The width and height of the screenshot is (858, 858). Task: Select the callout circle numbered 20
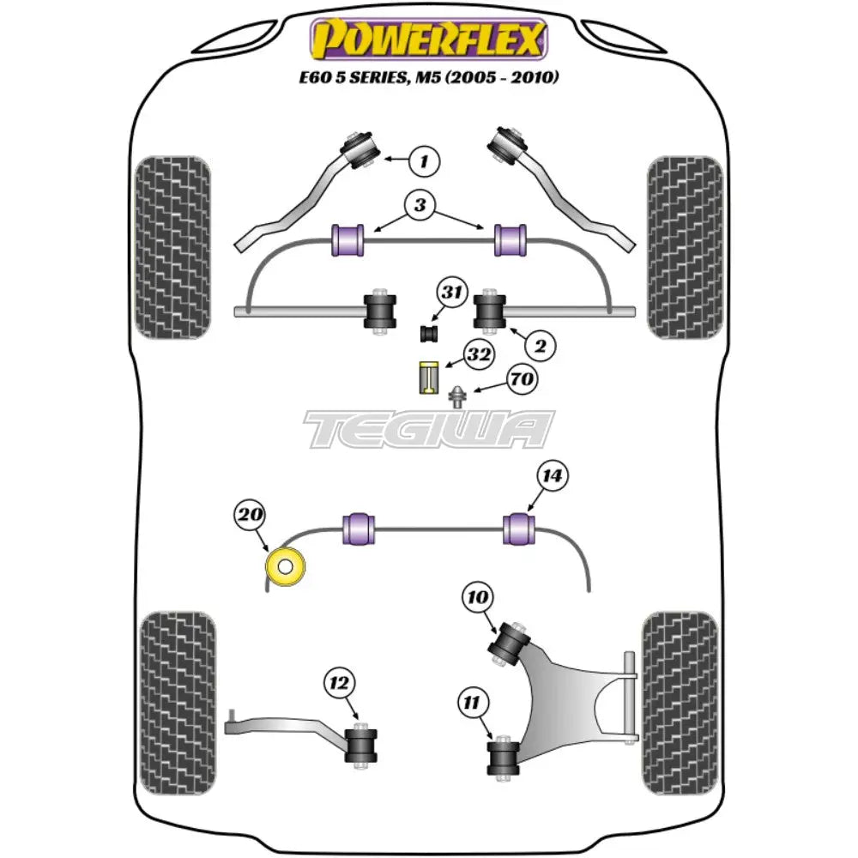(248, 516)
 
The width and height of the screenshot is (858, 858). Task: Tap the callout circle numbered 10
(478, 596)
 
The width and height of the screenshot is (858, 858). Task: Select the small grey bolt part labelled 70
(459, 396)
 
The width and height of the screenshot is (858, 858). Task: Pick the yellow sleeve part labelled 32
(428, 378)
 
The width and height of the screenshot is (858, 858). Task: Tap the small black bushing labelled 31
(429, 332)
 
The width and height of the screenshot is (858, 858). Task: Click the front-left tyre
(172, 246)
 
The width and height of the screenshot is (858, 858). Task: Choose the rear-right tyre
(680, 692)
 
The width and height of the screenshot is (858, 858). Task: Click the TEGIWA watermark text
(429, 429)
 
